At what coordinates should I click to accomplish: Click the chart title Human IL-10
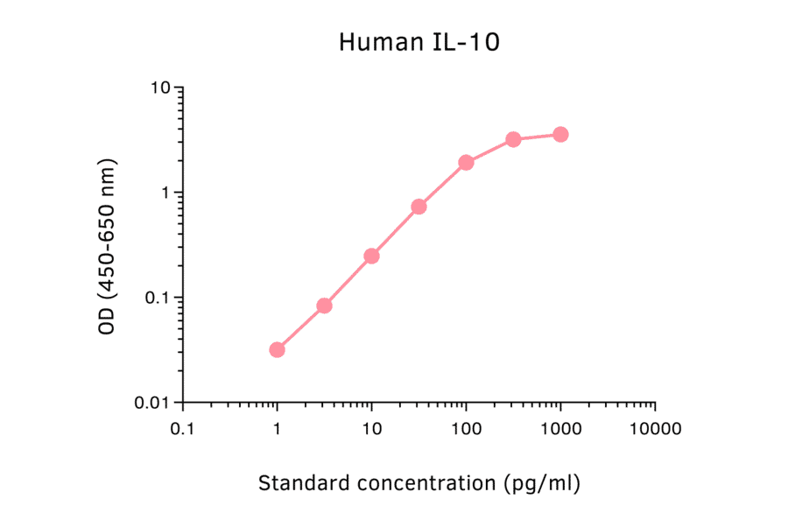click(419, 42)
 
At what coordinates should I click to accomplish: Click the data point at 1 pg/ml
click(277, 349)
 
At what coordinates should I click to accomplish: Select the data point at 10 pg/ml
click(371, 256)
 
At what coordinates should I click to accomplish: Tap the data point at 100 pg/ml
click(466, 162)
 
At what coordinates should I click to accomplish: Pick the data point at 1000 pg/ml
click(560, 134)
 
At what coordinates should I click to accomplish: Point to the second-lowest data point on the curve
click(324, 306)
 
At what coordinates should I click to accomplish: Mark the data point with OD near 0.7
click(419, 207)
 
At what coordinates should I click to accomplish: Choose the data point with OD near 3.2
click(513, 139)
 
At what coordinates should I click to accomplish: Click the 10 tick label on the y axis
click(159, 88)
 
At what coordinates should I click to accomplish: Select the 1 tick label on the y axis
click(165, 193)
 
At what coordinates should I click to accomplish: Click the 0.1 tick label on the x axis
click(182, 430)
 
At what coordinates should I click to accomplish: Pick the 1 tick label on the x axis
click(277, 430)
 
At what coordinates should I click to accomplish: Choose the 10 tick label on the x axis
click(371, 430)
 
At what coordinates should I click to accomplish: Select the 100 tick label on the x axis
click(466, 430)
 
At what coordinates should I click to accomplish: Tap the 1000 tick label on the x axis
click(560, 430)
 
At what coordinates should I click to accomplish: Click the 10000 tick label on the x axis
click(655, 430)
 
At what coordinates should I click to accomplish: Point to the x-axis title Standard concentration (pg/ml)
click(419, 482)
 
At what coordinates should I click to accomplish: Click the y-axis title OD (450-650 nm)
click(107, 246)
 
